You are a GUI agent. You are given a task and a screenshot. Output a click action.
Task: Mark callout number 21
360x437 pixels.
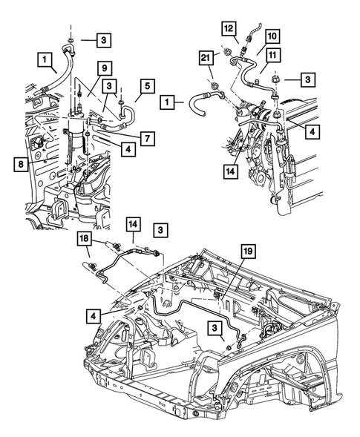[205, 59]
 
